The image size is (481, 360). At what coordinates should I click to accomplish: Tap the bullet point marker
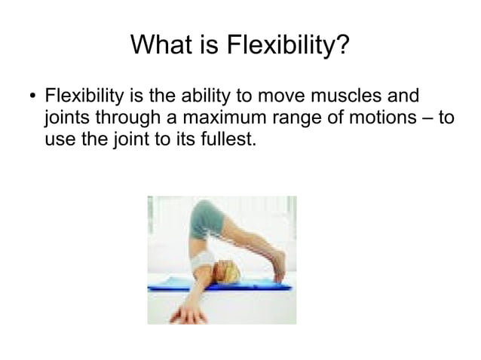pos(31,99)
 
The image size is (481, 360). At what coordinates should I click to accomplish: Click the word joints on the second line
pos(66,119)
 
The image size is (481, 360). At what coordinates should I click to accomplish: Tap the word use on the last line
pos(60,140)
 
